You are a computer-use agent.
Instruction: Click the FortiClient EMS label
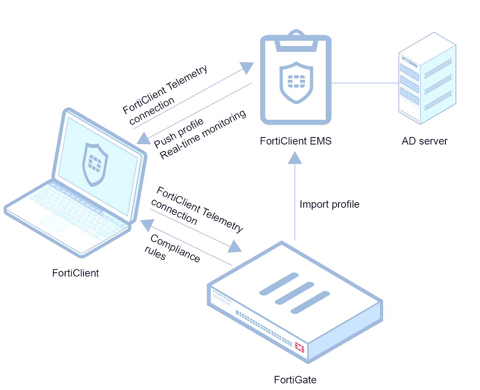point(296,141)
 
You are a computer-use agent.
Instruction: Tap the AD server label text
point(424,141)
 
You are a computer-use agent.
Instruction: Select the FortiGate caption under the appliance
point(295,380)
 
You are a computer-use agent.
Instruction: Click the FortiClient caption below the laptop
point(75,273)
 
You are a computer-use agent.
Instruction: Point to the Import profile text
point(330,205)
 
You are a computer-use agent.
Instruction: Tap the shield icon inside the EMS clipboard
point(295,83)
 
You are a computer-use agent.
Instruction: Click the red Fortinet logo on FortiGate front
point(299,348)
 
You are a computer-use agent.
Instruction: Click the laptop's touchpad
point(53,224)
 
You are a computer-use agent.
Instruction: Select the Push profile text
point(179,132)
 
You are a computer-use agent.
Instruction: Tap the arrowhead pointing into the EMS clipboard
point(246,67)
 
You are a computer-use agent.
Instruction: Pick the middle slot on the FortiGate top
point(294,293)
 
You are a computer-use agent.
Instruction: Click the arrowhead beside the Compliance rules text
point(144,225)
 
